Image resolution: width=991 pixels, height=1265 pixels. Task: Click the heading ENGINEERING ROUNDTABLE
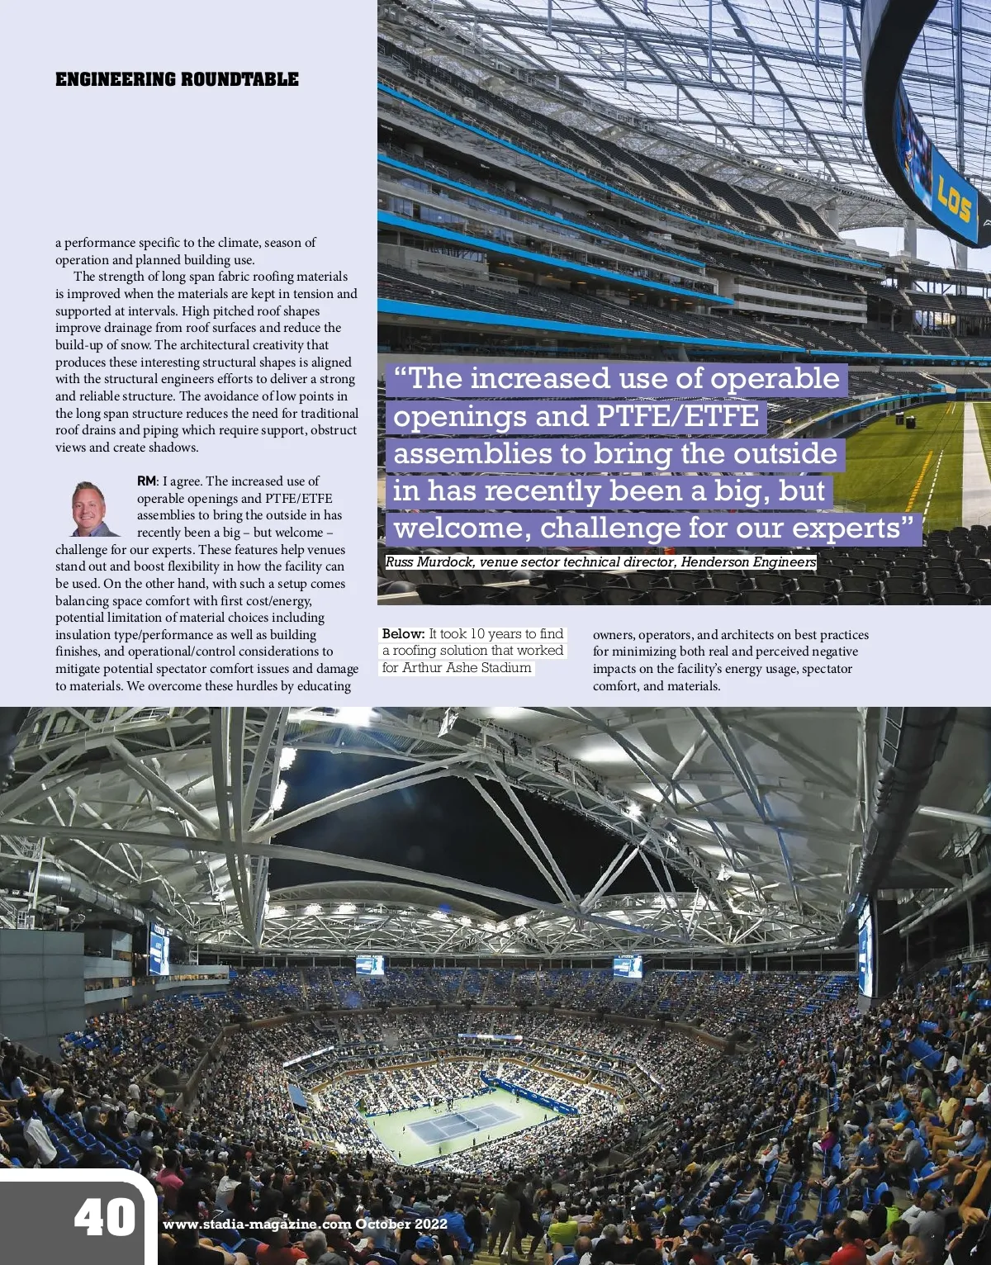pyautogui.click(x=177, y=80)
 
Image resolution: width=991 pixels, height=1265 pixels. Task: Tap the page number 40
pyautogui.click(x=105, y=1218)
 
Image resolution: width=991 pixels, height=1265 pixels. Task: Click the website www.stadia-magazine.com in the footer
pyautogui.click(x=257, y=1225)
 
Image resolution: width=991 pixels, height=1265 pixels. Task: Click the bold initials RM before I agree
pyautogui.click(x=146, y=481)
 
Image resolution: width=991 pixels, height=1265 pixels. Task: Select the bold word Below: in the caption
pyautogui.click(x=403, y=634)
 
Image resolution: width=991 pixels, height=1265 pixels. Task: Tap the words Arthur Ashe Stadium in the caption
pyautogui.click(x=467, y=668)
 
